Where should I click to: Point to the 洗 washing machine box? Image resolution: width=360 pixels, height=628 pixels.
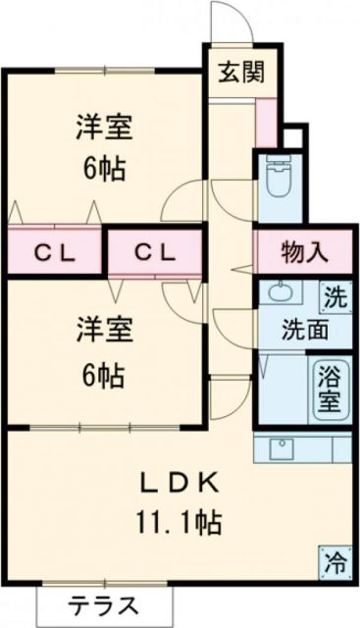[334, 296]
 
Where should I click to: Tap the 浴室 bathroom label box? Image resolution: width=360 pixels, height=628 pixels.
[328, 391]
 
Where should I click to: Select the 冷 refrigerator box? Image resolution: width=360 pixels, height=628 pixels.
[335, 563]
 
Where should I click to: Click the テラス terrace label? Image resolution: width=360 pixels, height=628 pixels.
[102, 603]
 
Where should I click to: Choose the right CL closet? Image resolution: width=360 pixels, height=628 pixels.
[155, 252]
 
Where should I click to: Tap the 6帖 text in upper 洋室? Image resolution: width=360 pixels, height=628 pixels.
[102, 168]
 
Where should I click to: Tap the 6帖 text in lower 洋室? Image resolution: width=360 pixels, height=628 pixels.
[102, 374]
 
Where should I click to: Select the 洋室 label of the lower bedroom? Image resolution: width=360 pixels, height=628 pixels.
[102, 331]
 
